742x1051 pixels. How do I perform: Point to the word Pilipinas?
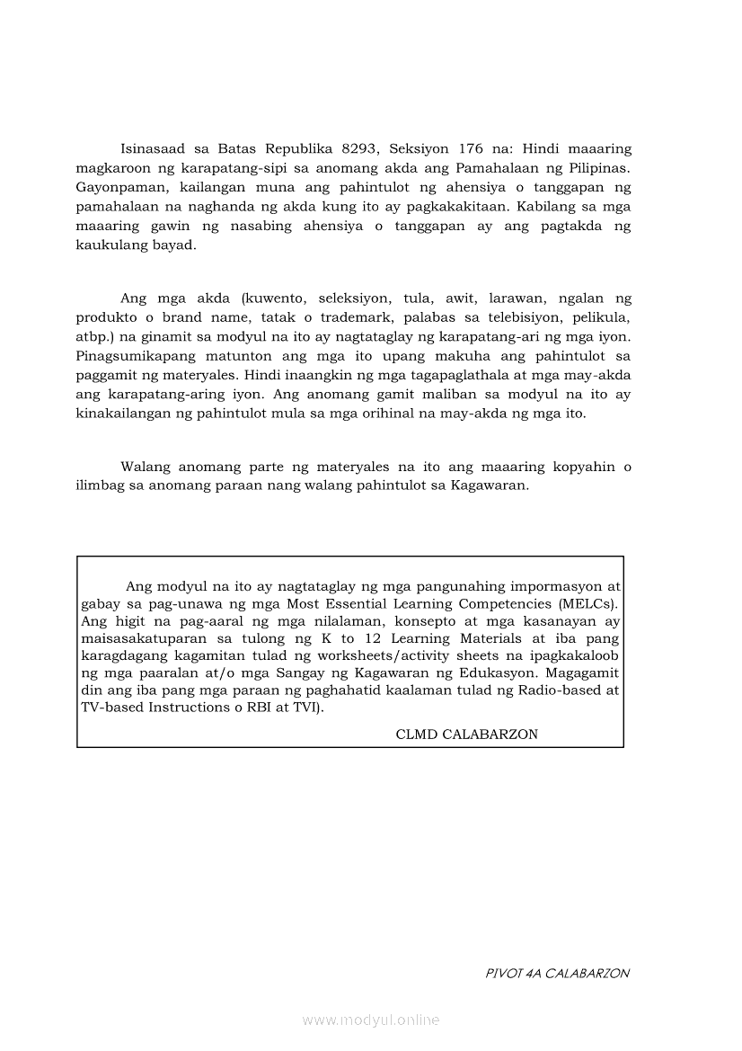[x=598, y=168]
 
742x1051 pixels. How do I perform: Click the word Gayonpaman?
[x=112, y=188]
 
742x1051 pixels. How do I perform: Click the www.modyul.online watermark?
[x=371, y=1020]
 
